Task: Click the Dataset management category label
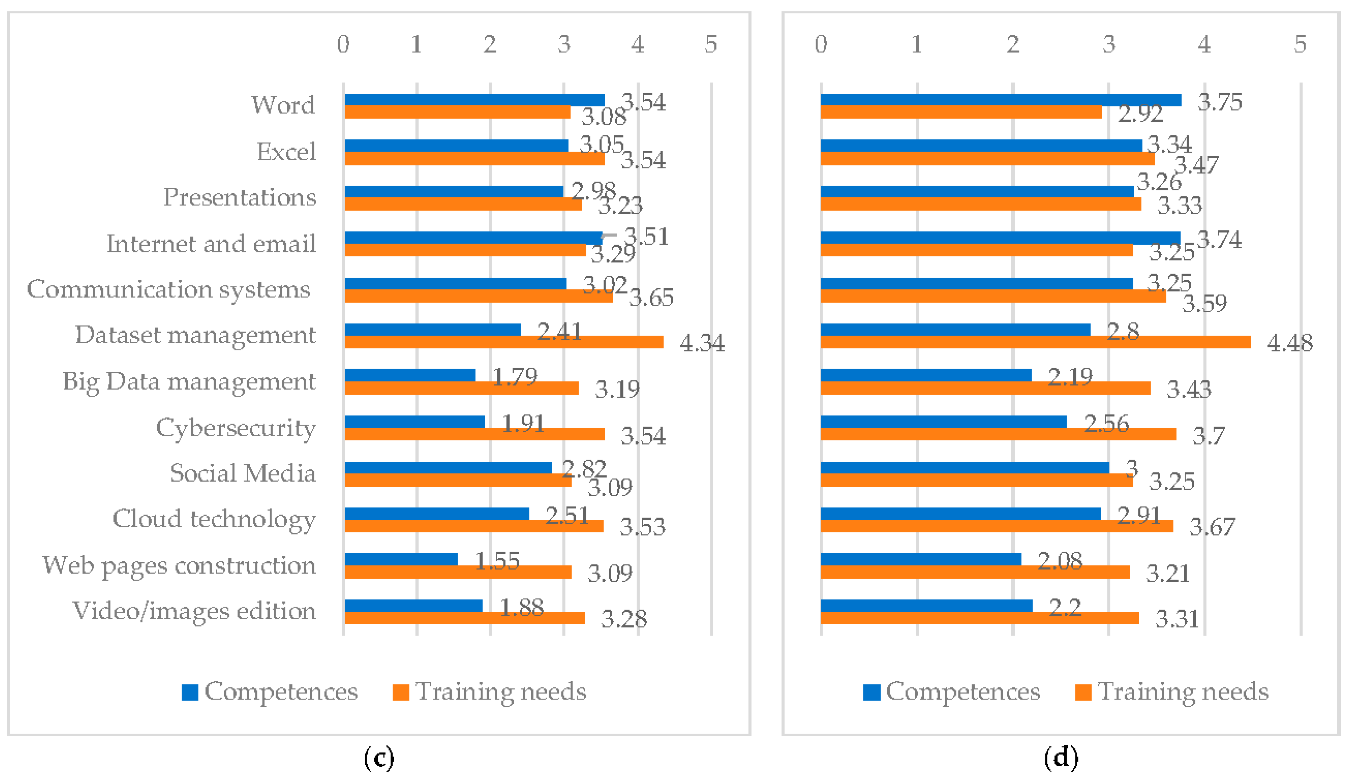coord(195,335)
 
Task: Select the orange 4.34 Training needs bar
coord(504,342)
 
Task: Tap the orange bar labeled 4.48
coord(1035,342)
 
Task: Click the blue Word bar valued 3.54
coord(474,100)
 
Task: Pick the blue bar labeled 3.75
coord(1000,100)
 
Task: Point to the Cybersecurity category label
coord(236,428)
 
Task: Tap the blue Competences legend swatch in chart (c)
coord(190,692)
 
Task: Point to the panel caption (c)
coord(379,758)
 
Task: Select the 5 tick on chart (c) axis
coord(711,44)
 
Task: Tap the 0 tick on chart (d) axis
coord(821,44)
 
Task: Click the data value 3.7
coord(1208,436)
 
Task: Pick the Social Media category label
coord(243,473)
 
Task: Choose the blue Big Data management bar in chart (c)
coord(410,375)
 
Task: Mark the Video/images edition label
coord(194,611)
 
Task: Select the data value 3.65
coord(651,297)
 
